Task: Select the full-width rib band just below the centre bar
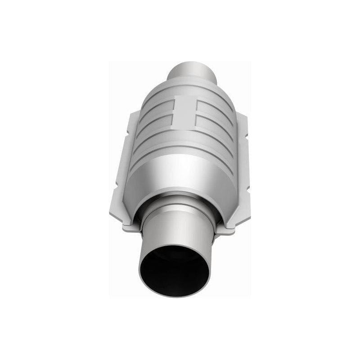click(x=187, y=137)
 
